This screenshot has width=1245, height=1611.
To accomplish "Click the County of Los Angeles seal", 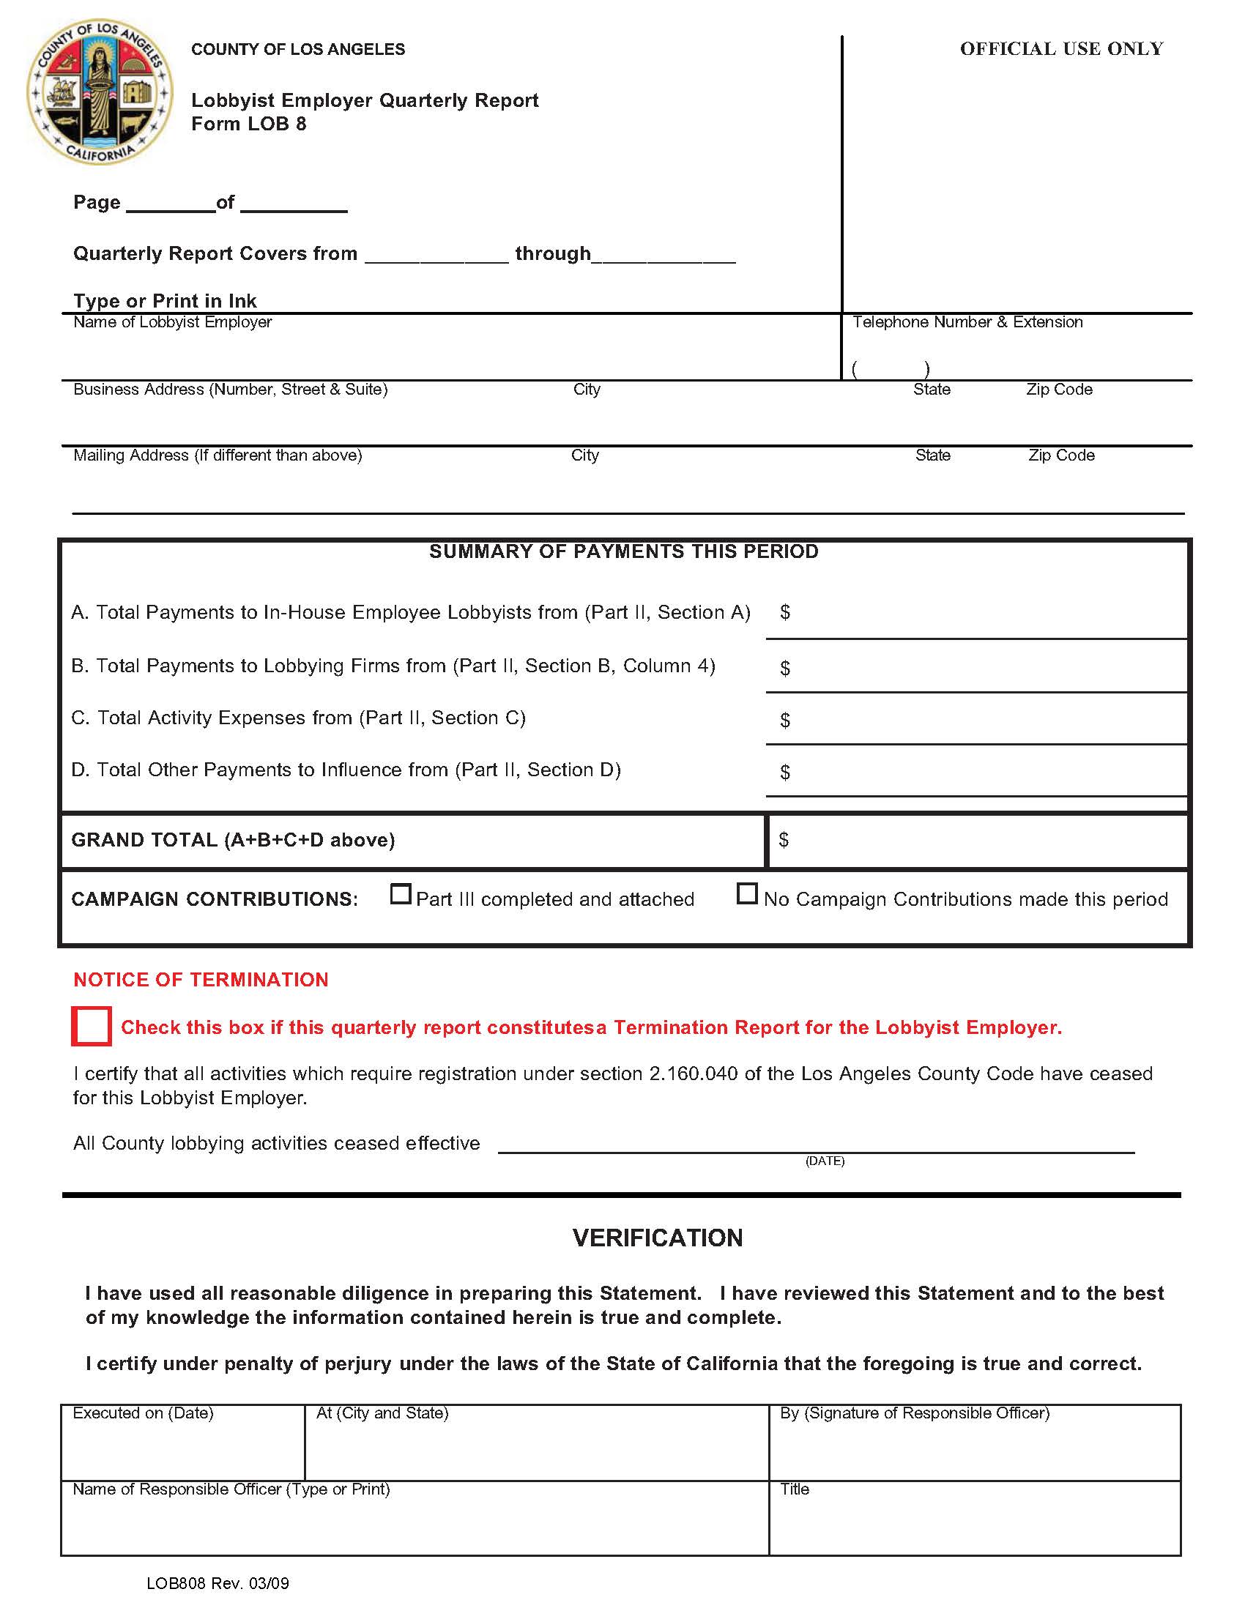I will pyautogui.click(x=100, y=92).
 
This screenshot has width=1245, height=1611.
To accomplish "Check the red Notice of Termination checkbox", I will pyautogui.click(x=92, y=1025).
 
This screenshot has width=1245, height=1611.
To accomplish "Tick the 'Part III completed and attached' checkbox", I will pyautogui.click(x=400, y=894).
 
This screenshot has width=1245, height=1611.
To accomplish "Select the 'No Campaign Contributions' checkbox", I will pyautogui.click(x=746, y=893).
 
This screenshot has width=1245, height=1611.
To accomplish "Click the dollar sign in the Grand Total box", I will pyautogui.click(x=784, y=839).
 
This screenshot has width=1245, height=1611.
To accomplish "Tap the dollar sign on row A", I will pyautogui.click(x=785, y=611).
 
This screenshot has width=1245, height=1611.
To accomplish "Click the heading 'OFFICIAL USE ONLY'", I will pyautogui.click(x=1060, y=48).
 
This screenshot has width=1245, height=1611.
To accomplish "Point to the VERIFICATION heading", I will pyautogui.click(x=657, y=1238).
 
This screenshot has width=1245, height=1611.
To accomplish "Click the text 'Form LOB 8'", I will pyautogui.click(x=248, y=124).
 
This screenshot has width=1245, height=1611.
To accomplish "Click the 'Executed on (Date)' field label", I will pyautogui.click(x=143, y=1413).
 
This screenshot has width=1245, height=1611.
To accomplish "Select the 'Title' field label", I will pyautogui.click(x=795, y=1489).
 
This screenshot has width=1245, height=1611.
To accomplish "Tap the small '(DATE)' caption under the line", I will pyautogui.click(x=825, y=1161).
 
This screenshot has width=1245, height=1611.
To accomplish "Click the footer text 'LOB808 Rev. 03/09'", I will pyautogui.click(x=218, y=1583).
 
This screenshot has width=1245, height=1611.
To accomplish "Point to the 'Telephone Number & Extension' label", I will pyautogui.click(x=967, y=322).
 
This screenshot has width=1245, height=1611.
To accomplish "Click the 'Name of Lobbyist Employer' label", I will pyautogui.click(x=173, y=322).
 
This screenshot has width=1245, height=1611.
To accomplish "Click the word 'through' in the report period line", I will pyautogui.click(x=552, y=254).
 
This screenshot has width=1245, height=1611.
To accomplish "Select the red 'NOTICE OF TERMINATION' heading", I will pyautogui.click(x=201, y=980).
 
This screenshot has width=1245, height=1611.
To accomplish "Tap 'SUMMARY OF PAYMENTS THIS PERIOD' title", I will pyautogui.click(x=623, y=551).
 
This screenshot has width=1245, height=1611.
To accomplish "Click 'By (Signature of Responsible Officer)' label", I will pyautogui.click(x=915, y=1413).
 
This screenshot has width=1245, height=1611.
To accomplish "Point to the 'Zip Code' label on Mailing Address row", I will pyautogui.click(x=1060, y=455).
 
